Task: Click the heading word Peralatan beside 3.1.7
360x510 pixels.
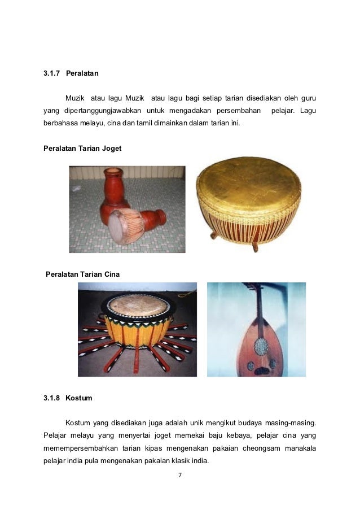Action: tap(82, 73)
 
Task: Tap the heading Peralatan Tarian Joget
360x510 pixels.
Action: tap(82, 148)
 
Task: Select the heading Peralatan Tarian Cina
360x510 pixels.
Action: tap(82, 274)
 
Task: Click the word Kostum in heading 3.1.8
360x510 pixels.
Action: tap(78, 398)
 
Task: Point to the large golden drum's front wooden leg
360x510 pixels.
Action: tap(255, 247)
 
